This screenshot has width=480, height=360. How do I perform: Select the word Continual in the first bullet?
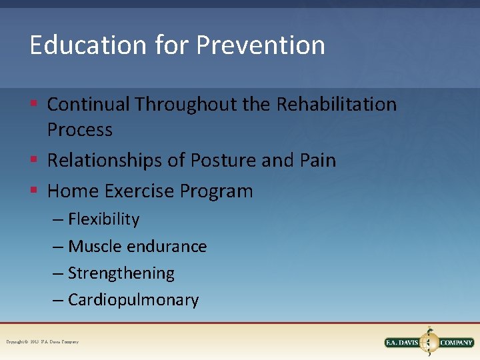click(89, 105)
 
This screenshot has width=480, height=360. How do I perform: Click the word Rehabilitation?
click(336, 105)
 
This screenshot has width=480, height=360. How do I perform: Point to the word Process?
click(80, 129)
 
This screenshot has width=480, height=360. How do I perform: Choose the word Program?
click(216, 192)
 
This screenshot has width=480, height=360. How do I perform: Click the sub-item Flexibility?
click(103, 219)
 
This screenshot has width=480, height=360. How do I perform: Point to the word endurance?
click(167, 246)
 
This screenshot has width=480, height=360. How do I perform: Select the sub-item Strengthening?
click(121, 273)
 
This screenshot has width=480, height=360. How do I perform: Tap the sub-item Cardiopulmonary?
click(133, 300)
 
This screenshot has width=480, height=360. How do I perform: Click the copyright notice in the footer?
click(43, 342)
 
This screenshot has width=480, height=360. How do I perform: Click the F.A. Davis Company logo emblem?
click(429, 342)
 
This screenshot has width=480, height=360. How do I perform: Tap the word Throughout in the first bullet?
click(203, 105)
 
